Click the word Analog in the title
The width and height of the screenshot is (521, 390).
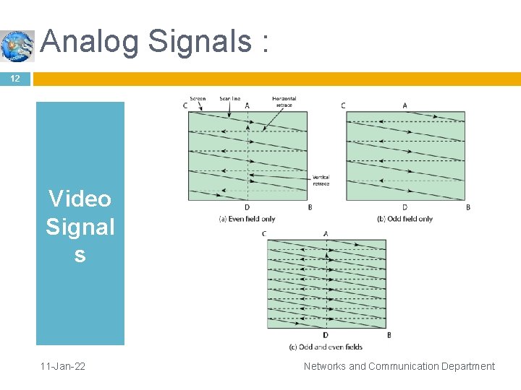[90, 41]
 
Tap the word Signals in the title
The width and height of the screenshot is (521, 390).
[199, 41]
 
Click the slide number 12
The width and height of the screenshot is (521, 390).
[14, 78]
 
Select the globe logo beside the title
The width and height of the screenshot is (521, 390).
[17, 45]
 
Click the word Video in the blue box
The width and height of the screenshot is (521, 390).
[80, 199]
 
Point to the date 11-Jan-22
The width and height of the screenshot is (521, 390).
[63, 366]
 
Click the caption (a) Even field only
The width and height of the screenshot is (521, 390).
[247, 219]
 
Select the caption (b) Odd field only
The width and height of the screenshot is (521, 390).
[404, 219]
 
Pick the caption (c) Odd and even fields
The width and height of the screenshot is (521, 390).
[326, 347]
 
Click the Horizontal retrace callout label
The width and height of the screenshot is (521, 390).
[284, 102]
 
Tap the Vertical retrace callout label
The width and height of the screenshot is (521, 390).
[321, 181]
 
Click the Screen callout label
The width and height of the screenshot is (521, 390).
[198, 99]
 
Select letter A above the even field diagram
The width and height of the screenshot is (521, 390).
[247, 105]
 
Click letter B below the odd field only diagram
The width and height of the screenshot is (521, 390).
[468, 207]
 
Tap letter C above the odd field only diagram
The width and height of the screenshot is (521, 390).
[343, 105]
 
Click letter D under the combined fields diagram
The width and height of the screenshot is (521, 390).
[326, 335]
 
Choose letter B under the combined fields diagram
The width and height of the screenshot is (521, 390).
[389, 335]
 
